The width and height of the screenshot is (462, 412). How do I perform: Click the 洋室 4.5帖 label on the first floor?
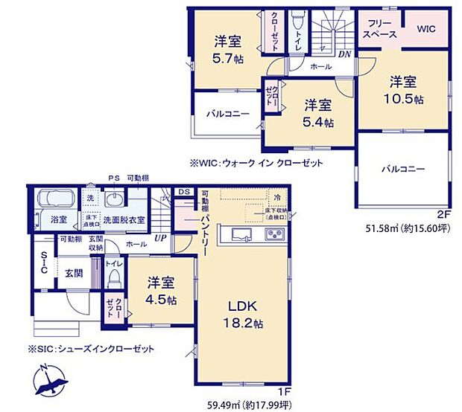[x=160, y=291]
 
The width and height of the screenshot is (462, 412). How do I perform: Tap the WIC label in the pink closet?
[x=426, y=29]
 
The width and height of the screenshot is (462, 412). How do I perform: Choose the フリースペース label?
[x=379, y=29]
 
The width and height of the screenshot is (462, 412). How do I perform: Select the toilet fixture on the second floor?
[x=298, y=19]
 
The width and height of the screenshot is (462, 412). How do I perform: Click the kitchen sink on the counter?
[x=239, y=237]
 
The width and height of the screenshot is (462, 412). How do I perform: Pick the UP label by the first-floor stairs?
[x=159, y=237]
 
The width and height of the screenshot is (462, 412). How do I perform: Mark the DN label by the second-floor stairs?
[x=346, y=54]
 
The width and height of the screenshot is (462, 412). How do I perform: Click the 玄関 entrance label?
[x=72, y=273]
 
